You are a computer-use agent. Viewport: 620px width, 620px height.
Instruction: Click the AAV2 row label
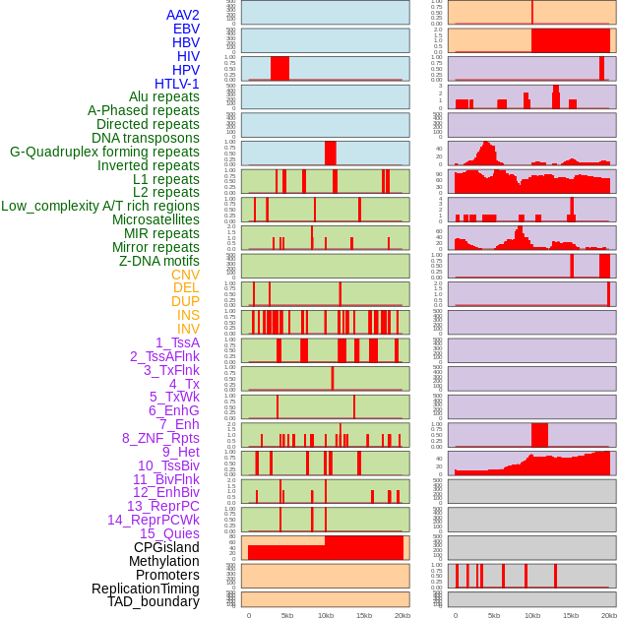182,15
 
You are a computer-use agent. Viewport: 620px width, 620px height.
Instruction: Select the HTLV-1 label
176,84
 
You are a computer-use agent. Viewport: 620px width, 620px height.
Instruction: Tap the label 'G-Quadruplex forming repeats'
104,152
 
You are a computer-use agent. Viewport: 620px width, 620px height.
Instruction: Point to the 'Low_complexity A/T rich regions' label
99,206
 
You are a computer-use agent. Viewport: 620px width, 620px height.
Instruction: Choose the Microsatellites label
155,219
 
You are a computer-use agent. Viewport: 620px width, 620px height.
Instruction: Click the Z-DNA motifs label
158,261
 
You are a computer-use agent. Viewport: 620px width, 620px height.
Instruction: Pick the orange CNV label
185,275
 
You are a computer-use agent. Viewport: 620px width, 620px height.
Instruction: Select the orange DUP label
185,301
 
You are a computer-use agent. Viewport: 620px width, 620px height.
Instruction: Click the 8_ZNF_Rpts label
160,438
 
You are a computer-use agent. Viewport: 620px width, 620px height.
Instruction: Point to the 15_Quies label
168,533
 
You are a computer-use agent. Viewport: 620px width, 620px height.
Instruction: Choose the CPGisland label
166,547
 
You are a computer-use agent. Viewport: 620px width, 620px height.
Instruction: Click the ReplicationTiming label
145,589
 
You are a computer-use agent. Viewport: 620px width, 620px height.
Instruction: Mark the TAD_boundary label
153,601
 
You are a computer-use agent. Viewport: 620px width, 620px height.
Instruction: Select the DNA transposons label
146,138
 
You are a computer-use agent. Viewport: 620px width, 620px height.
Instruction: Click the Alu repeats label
163,96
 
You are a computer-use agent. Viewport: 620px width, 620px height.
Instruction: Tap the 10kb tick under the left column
325,615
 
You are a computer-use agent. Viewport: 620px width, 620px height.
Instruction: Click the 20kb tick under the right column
609,615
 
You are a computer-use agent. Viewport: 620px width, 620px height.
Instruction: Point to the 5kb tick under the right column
494,615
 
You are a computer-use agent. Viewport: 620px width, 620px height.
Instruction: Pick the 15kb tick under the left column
363,615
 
